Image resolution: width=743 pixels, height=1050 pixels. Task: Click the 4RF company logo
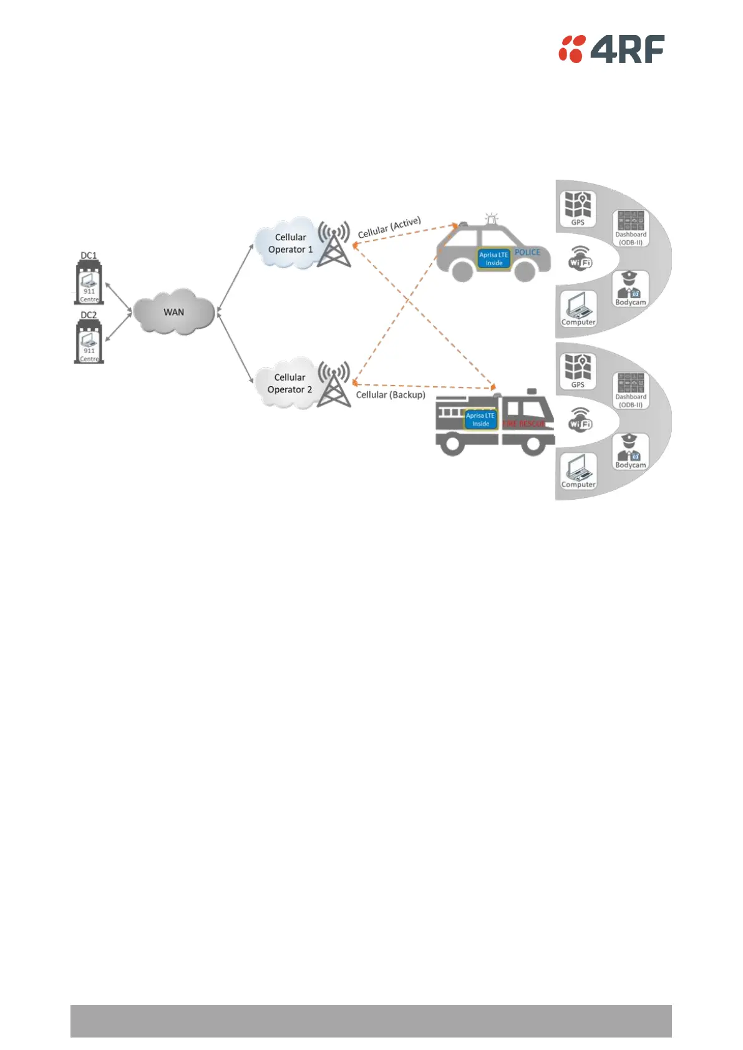611,49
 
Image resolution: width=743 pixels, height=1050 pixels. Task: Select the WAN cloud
173,311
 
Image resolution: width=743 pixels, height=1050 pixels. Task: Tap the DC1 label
89,256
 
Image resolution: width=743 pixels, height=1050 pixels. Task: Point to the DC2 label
89,315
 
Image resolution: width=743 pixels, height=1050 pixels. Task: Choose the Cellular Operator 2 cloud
288,383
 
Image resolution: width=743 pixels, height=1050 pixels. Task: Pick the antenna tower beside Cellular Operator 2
334,384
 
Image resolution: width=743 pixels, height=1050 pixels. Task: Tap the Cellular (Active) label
389,227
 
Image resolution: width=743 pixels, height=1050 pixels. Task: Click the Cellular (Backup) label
391,395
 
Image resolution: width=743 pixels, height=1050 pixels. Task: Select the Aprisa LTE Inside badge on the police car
493,259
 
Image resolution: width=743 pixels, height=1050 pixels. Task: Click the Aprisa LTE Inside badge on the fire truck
480,419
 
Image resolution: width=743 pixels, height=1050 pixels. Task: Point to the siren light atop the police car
492,219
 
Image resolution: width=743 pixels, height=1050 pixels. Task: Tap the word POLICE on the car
527,252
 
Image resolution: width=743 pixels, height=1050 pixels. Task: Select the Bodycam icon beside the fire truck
630,450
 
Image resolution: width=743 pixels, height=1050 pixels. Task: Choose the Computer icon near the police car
578,308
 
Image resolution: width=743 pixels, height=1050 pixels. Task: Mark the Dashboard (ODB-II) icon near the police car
631,228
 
